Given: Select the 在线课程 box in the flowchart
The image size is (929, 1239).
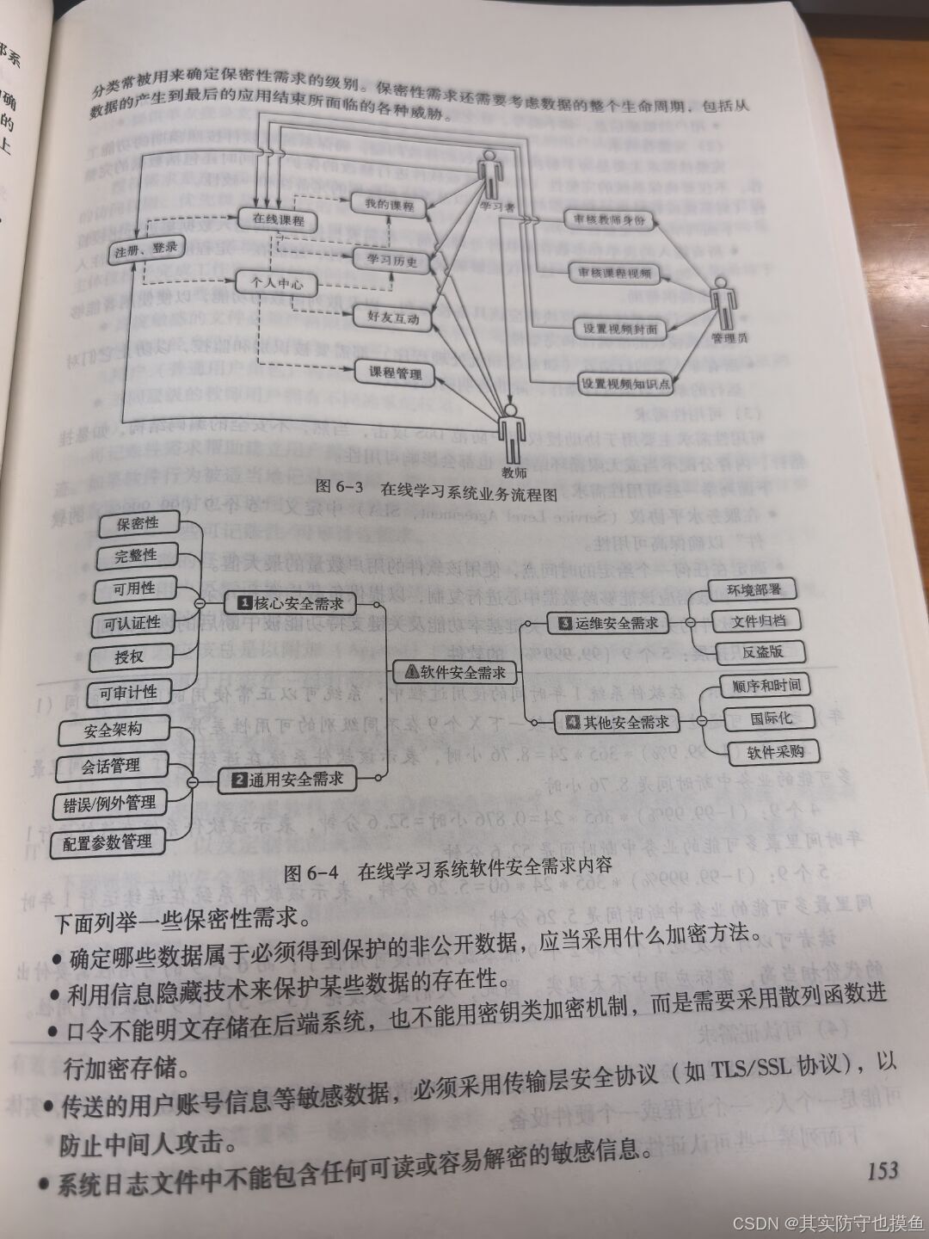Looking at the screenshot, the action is (278, 219).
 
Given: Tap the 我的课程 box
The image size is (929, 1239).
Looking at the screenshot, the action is (389, 206).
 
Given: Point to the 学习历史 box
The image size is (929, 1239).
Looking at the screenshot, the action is (392, 260).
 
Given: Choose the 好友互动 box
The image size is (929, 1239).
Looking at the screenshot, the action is (393, 317).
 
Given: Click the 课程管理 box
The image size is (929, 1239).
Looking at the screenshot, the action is (396, 373).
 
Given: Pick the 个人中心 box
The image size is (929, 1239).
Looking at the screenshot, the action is (276, 283).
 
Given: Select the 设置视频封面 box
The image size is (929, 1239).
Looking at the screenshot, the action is (619, 329).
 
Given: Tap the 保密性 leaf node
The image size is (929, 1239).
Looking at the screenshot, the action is (138, 523).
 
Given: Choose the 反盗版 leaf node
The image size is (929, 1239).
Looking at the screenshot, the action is (762, 651).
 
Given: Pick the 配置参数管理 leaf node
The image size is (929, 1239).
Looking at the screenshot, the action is (107, 842).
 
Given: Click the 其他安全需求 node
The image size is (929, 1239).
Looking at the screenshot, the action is (617, 723).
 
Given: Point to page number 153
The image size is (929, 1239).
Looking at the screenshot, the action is (883, 1170).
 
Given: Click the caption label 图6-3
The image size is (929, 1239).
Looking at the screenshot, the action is (340, 486).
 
